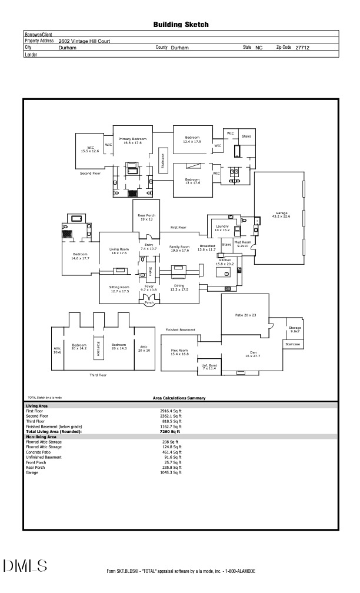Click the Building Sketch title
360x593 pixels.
pos(181,25)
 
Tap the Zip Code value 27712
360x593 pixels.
pos(303,47)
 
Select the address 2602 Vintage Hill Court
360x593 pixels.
pos(85,41)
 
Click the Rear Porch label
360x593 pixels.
pos(146,217)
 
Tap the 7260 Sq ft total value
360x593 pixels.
pos(169,432)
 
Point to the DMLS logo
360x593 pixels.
pos(25,566)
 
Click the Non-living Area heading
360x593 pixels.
pos(41,437)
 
